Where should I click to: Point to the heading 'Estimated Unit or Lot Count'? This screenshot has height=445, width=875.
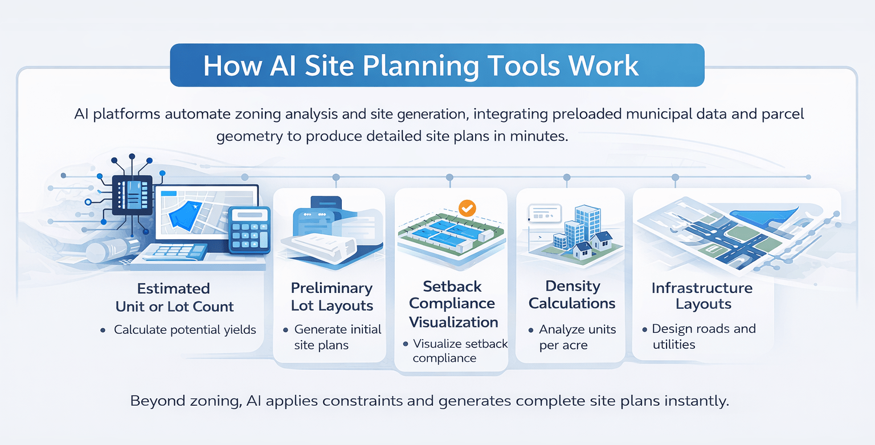pos(174,297)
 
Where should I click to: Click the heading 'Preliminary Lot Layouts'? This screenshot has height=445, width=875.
pos(332,297)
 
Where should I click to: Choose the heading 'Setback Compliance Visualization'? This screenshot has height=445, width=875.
pos(453,304)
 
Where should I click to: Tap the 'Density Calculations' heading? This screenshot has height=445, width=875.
pos(572,295)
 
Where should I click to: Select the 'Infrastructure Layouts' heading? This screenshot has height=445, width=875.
pos(702,296)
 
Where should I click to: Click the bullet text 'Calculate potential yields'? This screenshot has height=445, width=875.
pos(185,329)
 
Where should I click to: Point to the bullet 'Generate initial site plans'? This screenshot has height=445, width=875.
pos(337,337)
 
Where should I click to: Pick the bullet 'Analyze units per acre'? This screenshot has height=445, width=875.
pos(576,337)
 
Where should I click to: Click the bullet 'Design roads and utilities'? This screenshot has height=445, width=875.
pos(703,336)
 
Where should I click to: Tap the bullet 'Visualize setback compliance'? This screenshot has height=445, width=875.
pos(459,351)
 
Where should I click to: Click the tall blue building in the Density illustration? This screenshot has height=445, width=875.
pos(587,223)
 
